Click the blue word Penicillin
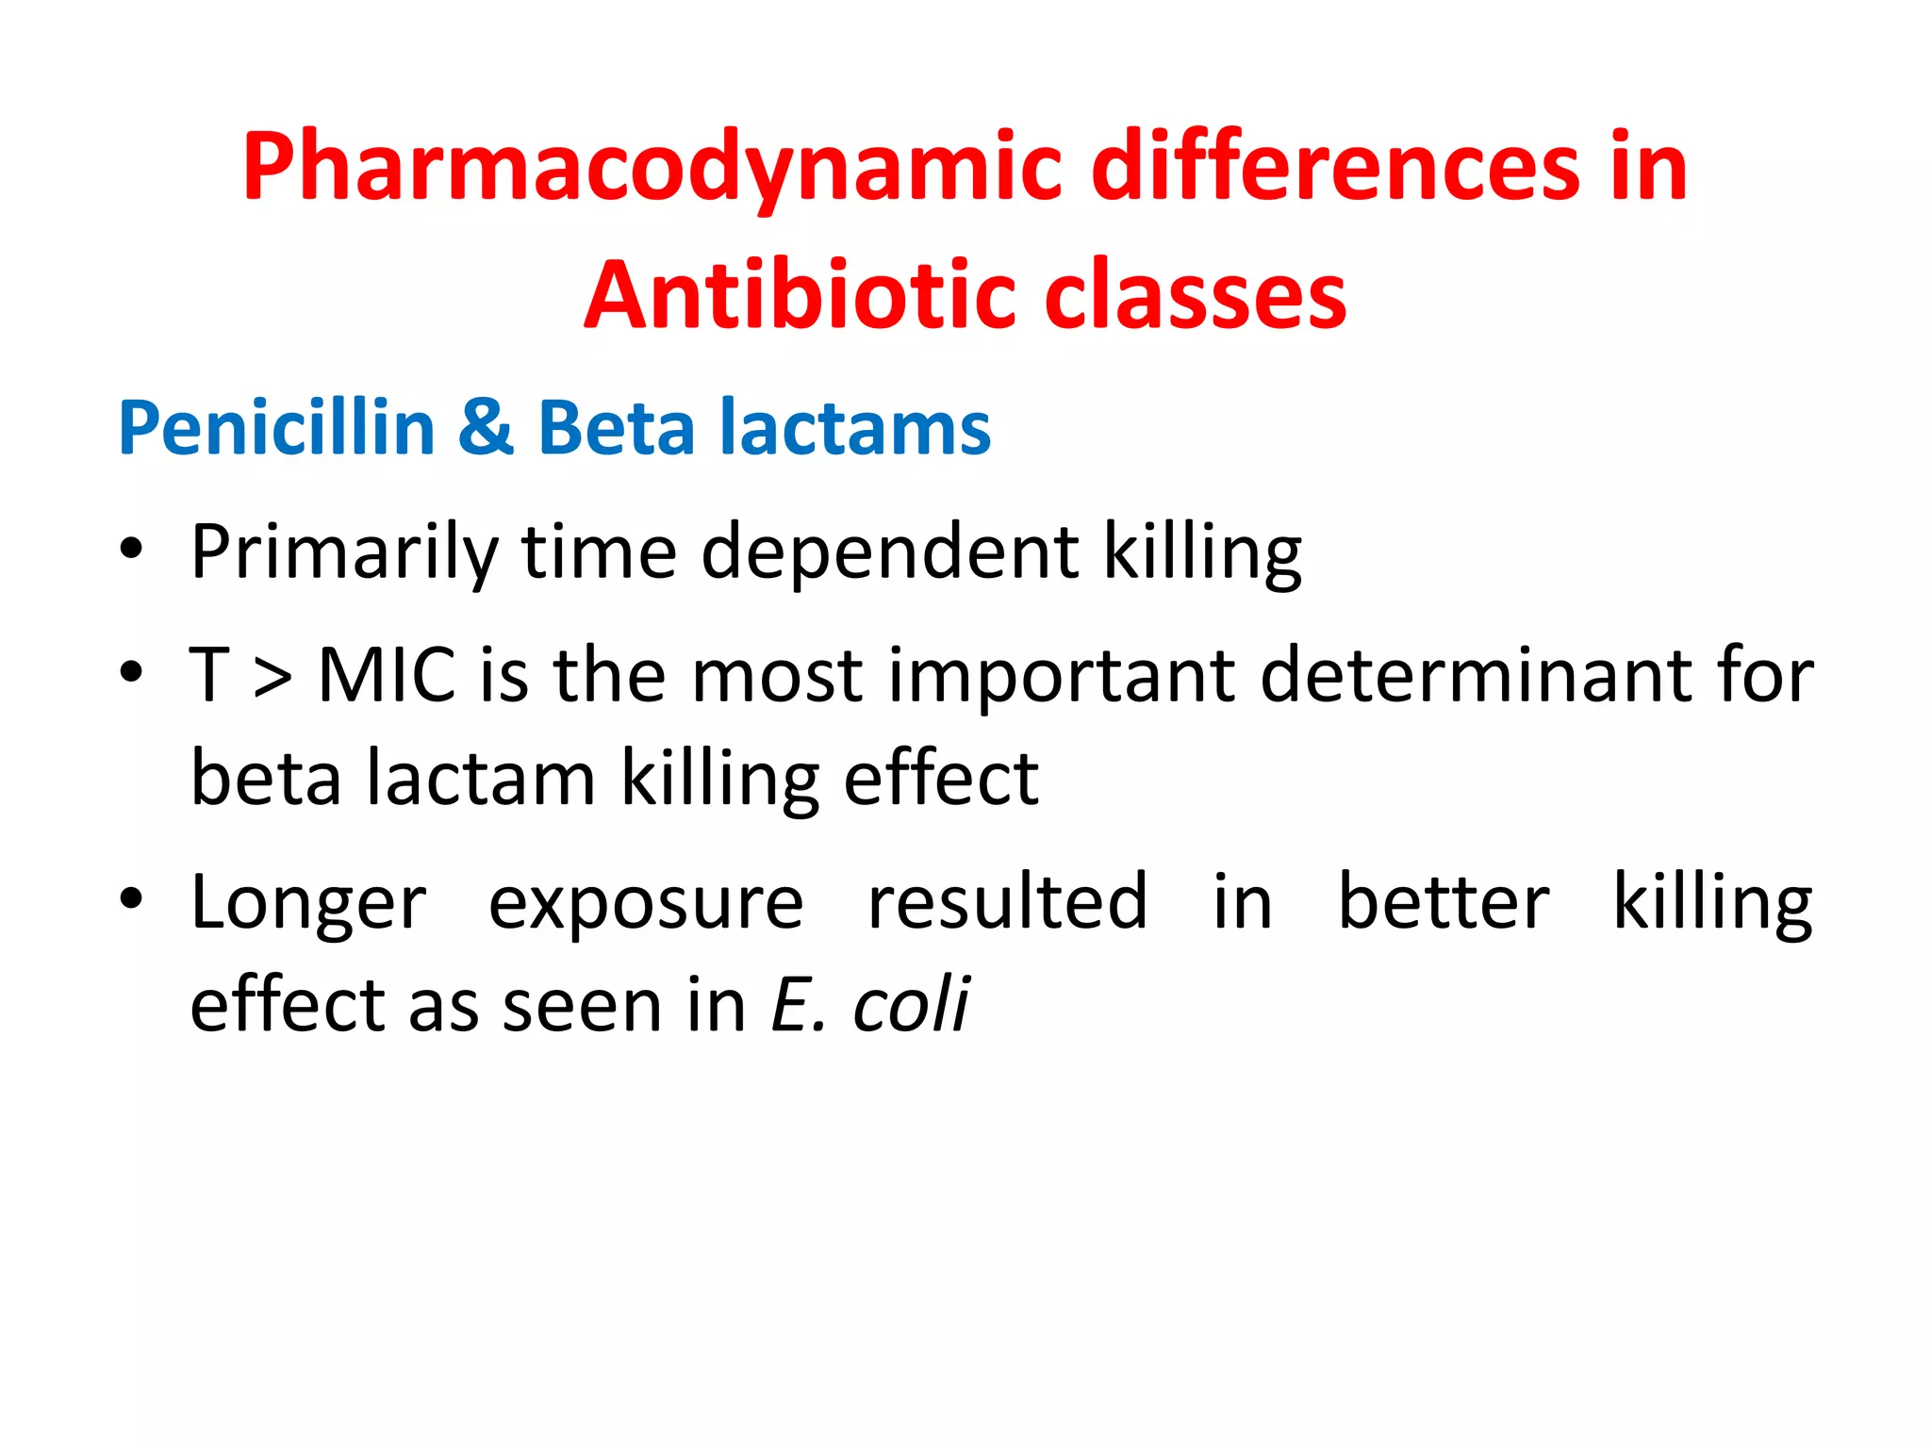tap(276, 428)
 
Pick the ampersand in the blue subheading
tap(486, 428)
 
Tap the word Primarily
tap(344, 552)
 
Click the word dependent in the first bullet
tap(890, 552)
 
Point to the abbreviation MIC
tap(387, 675)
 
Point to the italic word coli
tap(911, 1005)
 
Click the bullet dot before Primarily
tap(131, 549)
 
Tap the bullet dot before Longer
tap(131, 899)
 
